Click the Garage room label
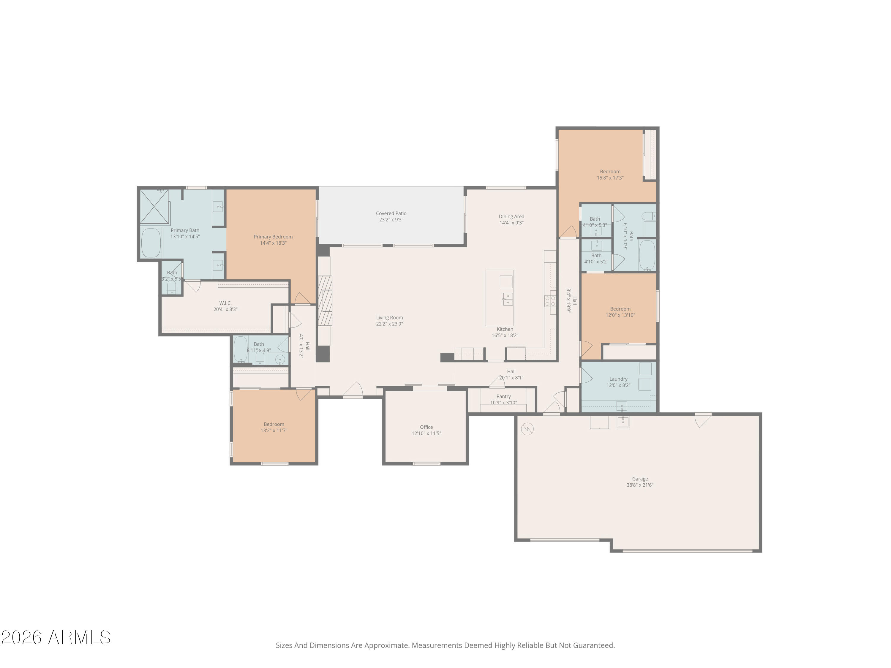pyautogui.click(x=640, y=479)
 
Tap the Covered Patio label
pyautogui.click(x=391, y=213)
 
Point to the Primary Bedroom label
pyautogui.click(x=273, y=237)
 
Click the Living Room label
pyautogui.click(x=389, y=318)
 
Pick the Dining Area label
pyautogui.click(x=511, y=217)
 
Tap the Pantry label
pyautogui.click(x=503, y=397)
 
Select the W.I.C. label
pyautogui.click(x=225, y=303)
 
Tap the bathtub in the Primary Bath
pyautogui.click(x=151, y=243)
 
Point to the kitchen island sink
pyautogui.click(x=508, y=299)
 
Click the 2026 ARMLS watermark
pyautogui.click(x=56, y=637)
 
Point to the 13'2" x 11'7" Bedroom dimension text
pyautogui.click(x=274, y=430)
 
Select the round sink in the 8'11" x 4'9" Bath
pyautogui.click(x=280, y=359)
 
